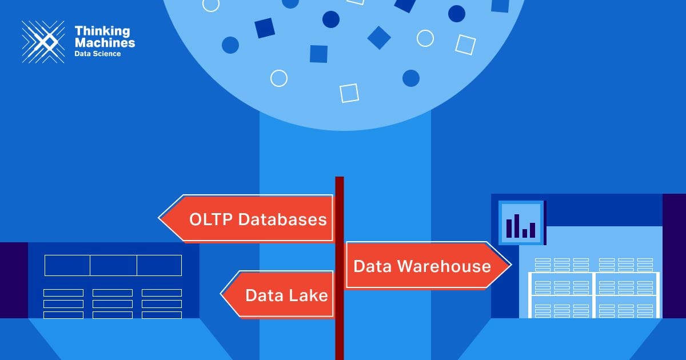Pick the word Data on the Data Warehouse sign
click(x=373, y=266)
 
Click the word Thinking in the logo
click(x=102, y=31)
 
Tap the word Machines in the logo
click(x=105, y=42)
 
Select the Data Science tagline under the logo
click(x=98, y=53)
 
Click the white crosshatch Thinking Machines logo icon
click(x=43, y=41)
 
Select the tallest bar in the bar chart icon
click(x=517, y=225)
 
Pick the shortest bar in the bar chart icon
click(x=525, y=233)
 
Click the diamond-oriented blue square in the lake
click(x=379, y=38)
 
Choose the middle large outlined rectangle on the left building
click(x=113, y=265)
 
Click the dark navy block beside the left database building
click(x=14, y=280)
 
